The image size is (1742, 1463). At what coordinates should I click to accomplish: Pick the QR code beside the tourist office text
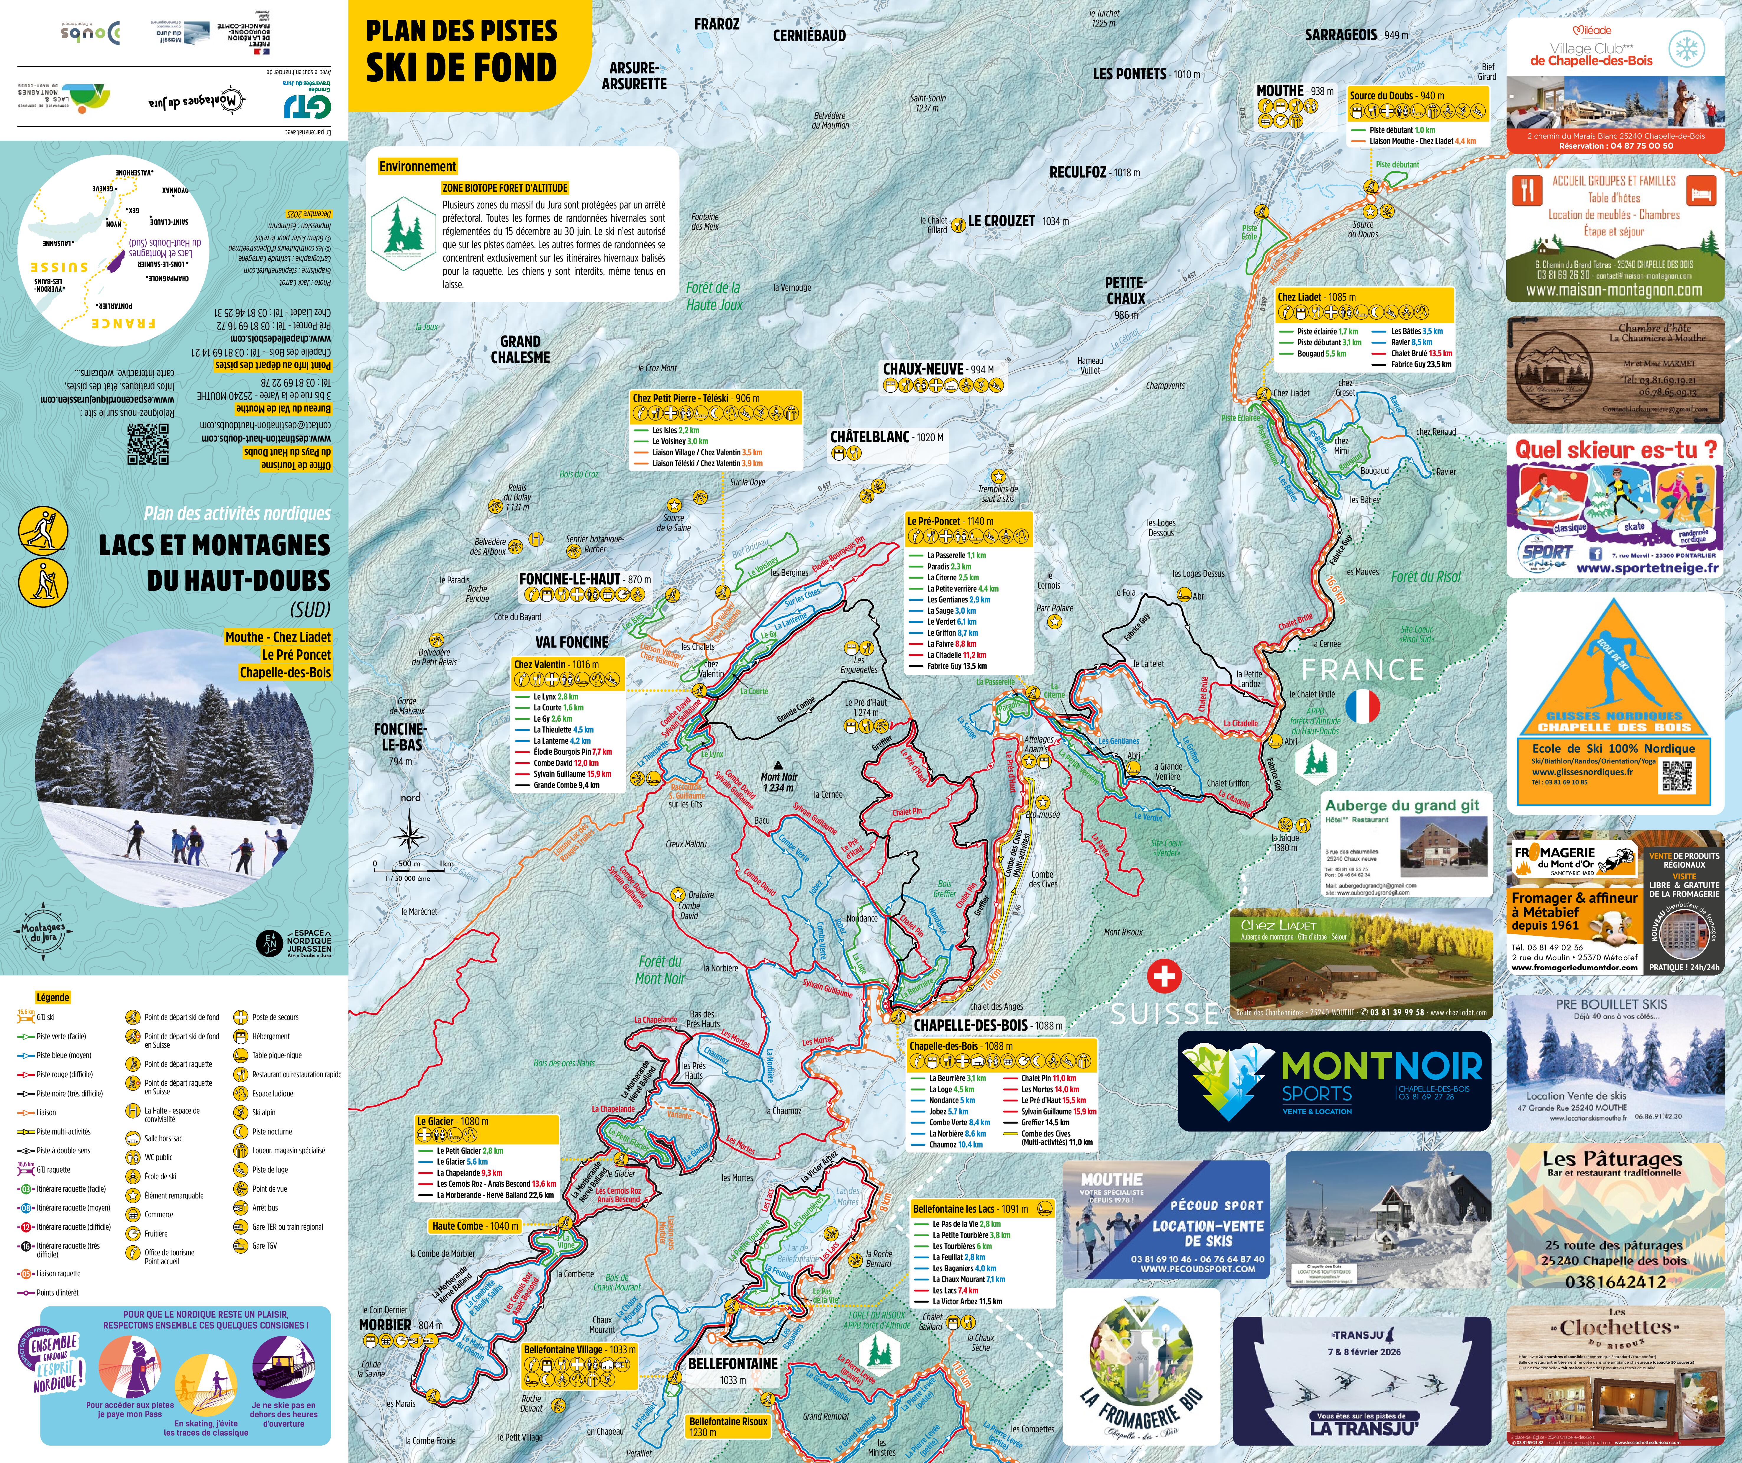[x=148, y=444]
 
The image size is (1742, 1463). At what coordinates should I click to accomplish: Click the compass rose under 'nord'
[x=410, y=832]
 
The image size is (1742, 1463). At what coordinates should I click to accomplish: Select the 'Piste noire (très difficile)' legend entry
[x=70, y=1093]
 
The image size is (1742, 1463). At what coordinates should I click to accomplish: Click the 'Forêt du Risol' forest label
[x=1425, y=577]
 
